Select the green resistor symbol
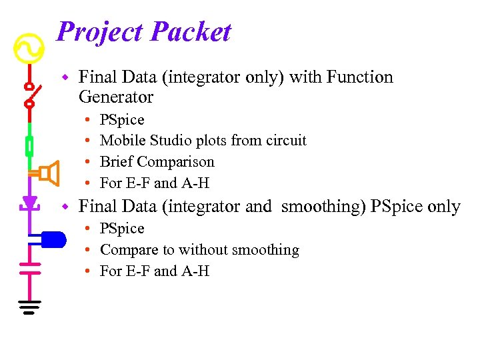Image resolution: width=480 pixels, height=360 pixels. tap(29, 145)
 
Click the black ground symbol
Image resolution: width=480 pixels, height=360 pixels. tap(29, 307)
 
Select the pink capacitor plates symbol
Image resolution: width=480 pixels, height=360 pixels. tap(29, 267)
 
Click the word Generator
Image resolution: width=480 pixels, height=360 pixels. tap(116, 97)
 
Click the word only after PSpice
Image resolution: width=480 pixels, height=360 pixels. tap(444, 207)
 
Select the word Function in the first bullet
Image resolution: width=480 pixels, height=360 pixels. tap(360, 77)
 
